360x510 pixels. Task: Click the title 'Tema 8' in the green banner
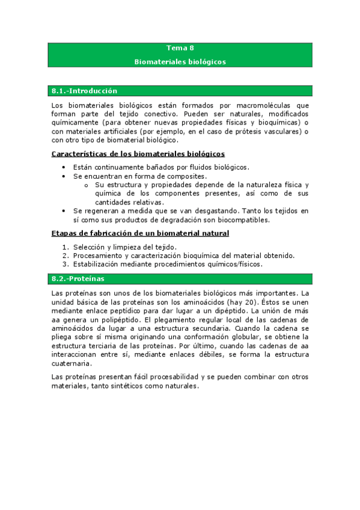click(180, 48)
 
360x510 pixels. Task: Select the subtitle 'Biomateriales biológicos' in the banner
click(180, 61)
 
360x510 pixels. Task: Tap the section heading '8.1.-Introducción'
click(84, 91)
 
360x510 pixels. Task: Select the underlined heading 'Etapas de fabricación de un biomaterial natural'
click(140, 233)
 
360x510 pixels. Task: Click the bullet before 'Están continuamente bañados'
click(65, 167)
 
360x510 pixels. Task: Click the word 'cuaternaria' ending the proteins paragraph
click(72, 364)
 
